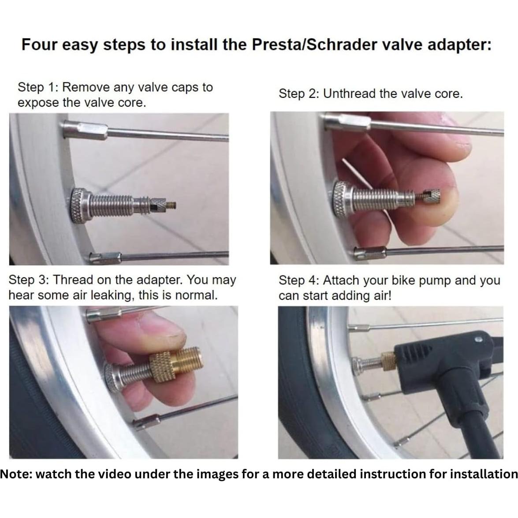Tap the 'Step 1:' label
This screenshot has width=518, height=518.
point(38,87)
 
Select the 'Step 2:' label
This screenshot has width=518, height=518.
point(299,94)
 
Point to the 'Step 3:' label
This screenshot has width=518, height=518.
point(29,280)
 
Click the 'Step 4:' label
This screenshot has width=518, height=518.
point(299,280)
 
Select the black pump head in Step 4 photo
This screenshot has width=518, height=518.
point(423,361)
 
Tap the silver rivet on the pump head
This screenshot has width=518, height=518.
point(479,340)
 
